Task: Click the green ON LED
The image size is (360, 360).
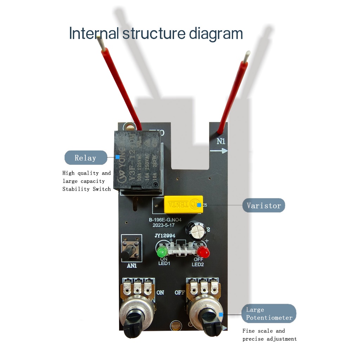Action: point(162,252)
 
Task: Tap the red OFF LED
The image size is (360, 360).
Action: point(202,252)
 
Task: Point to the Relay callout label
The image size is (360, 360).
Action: point(85,157)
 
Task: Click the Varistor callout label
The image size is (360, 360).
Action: point(264,205)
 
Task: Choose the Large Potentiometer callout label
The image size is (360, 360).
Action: point(269,314)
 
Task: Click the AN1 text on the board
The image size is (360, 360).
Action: point(131,266)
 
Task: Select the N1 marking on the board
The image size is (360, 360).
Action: point(221,142)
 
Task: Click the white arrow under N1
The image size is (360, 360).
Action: point(219,151)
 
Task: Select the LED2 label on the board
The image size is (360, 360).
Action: point(198,264)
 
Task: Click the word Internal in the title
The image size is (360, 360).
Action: point(94,33)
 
